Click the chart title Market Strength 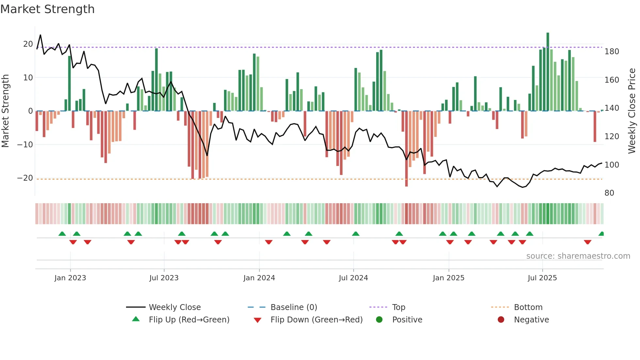[x=47, y=9]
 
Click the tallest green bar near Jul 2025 [x=548, y=72]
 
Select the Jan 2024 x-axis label [x=259, y=278]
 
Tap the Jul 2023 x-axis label [x=164, y=278]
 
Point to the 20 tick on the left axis [x=28, y=44]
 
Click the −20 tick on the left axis [x=25, y=178]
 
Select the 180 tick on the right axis [x=612, y=52]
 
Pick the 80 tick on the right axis [x=609, y=193]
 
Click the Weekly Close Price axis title [x=632, y=111]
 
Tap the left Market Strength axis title [x=5, y=111]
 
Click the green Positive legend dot [x=379, y=319]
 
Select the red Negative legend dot [x=501, y=319]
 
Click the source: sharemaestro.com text [x=578, y=256]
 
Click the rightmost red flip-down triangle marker [x=587, y=242]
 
